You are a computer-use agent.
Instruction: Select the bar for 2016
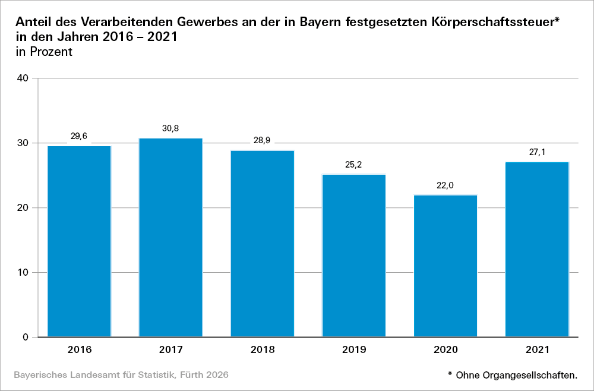click(79, 241)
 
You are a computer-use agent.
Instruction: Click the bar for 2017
click(170, 238)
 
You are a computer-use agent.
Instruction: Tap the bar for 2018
click(262, 244)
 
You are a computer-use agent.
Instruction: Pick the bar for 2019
click(354, 256)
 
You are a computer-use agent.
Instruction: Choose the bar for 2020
click(445, 266)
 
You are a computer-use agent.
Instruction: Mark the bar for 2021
click(537, 250)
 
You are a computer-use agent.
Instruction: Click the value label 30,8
click(170, 128)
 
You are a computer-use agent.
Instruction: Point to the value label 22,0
click(445, 185)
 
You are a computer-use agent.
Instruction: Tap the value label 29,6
click(79, 137)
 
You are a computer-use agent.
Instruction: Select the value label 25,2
click(354, 165)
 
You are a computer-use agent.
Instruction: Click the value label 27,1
click(537, 152)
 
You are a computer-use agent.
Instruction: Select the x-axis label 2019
click(354, 349)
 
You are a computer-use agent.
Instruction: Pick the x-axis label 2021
click(537, 349)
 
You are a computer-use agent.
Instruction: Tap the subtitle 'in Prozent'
click(43, 52)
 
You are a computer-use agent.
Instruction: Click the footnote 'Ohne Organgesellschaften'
click(516, 375)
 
